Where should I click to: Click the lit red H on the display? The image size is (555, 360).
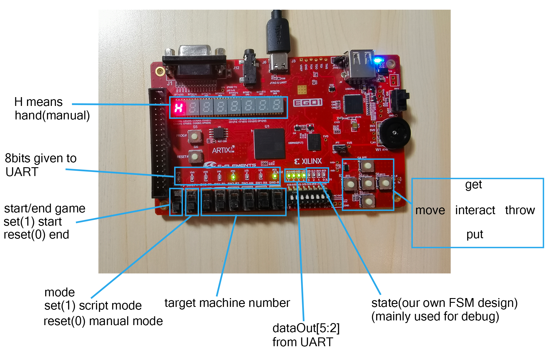point(179,108)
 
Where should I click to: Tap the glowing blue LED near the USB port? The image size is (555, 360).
point(378,61)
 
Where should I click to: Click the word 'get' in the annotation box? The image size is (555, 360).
point(473,185)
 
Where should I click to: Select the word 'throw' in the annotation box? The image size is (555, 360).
point(520,210)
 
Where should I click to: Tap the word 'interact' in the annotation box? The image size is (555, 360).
point(475,210)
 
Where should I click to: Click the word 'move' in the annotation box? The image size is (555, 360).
point(430,210)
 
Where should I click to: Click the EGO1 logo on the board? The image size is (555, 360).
point(307,103)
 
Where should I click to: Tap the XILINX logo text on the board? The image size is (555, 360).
point(308,161)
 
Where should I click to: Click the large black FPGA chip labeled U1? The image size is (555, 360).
point(269,144)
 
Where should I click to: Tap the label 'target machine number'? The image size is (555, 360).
point(227,303)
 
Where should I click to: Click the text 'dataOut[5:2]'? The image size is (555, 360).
point(306,328)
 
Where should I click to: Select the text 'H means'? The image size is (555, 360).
point(38,102)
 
